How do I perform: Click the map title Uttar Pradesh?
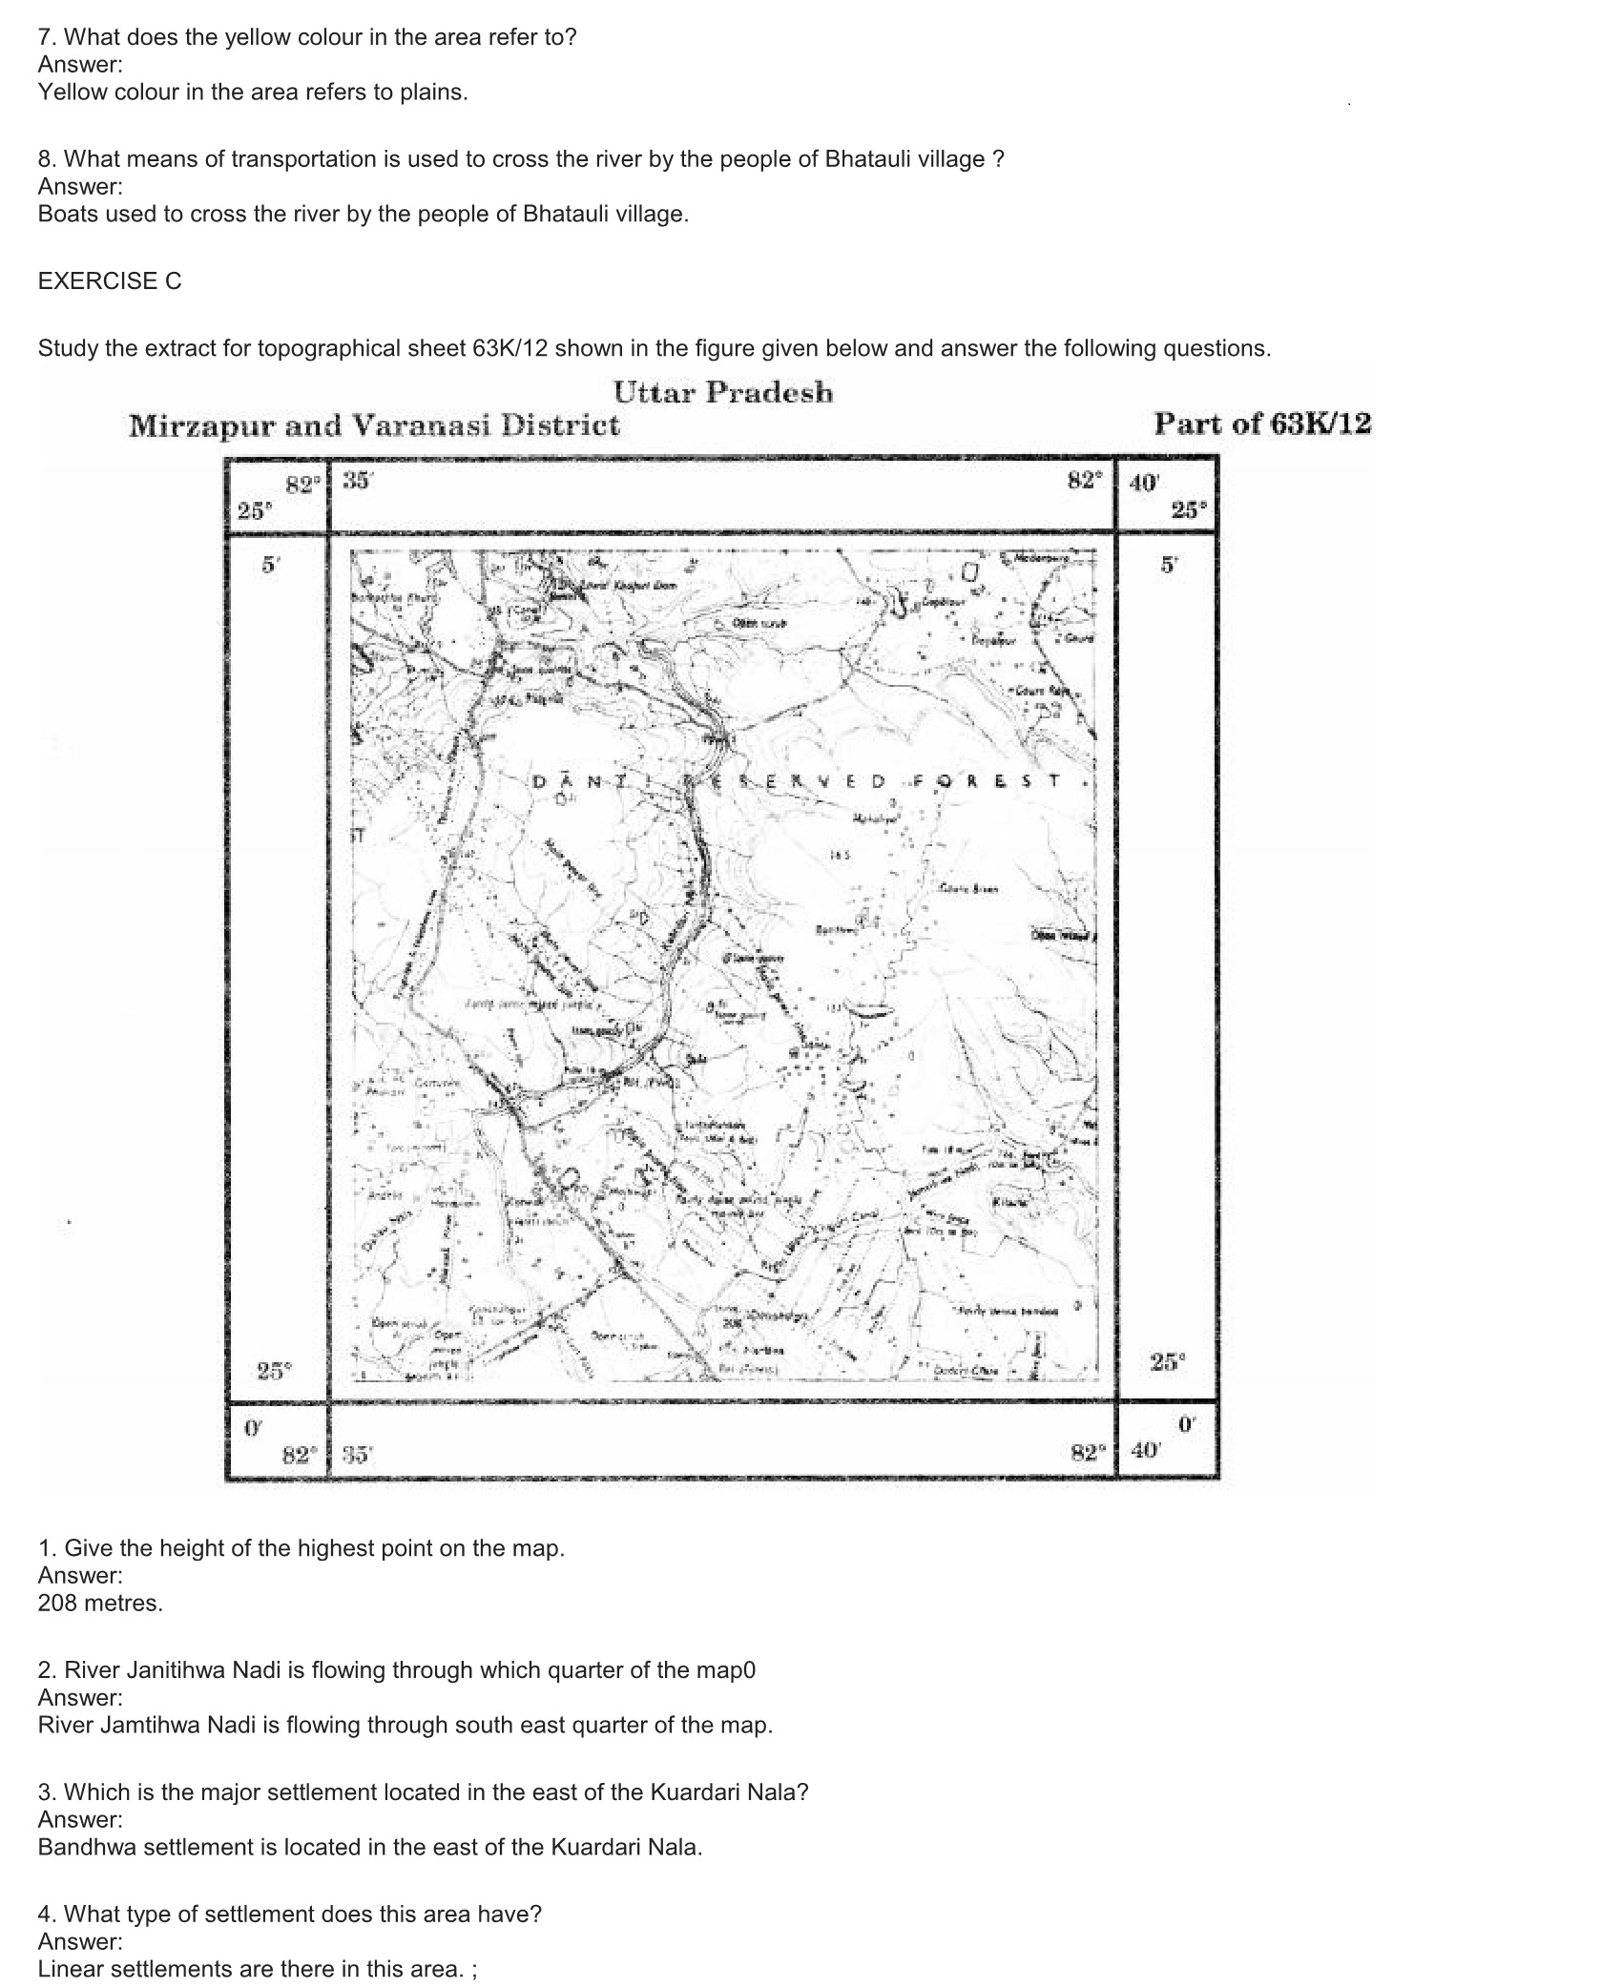coord(722,392)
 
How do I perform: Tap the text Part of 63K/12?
coord(1262,424)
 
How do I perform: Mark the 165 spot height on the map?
coord(840,856)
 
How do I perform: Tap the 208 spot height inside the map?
coord(732,1325)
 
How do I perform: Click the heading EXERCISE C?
coord(110,281)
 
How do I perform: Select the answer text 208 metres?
coord(100,1604)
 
